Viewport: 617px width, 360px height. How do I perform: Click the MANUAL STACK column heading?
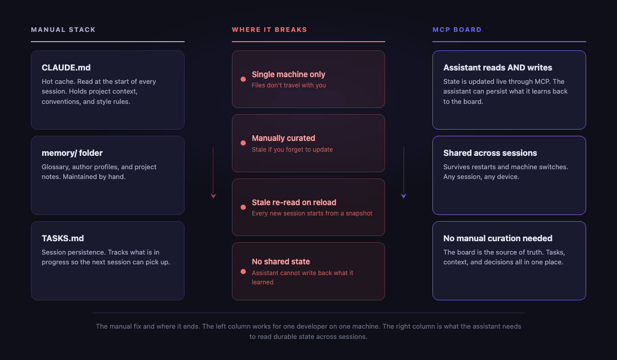click(x=63, y=30)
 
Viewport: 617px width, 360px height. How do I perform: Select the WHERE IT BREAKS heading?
click(x=269, y=30)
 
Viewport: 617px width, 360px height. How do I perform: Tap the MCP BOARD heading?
click(x=457, y=30)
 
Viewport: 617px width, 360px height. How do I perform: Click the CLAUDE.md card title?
click(x=66, y=67)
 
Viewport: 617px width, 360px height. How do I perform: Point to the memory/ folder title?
click(x=72, y=153)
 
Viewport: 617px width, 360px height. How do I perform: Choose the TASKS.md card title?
click(x=63, y=238)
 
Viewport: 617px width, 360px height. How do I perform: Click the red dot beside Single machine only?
click(x=243, y=79)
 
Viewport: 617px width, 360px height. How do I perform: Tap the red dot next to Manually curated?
click(x=243, y=143)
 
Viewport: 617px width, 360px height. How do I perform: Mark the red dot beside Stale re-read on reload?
click(x=243, y=207)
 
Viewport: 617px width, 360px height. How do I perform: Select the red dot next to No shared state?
click(x=243, y=272)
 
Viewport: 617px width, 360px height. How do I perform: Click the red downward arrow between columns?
click(x=213, y=173)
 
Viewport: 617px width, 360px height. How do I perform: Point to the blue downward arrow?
click(x=404, y=173)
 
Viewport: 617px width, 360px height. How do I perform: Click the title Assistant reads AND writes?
click(x=498, y=67)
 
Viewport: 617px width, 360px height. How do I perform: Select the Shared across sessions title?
click(x=490, y=153)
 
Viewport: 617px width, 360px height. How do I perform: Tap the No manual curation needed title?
click(x=498, y=238)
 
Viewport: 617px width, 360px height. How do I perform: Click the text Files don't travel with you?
click(x=288, y=85)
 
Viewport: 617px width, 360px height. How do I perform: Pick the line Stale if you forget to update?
click(x=292, y=150)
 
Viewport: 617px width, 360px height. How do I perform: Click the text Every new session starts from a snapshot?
click(x=312, y=213)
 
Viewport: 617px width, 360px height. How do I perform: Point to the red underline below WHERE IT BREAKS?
click(x=308, y=42)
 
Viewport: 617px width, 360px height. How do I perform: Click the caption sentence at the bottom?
click(x=308, y=331)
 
